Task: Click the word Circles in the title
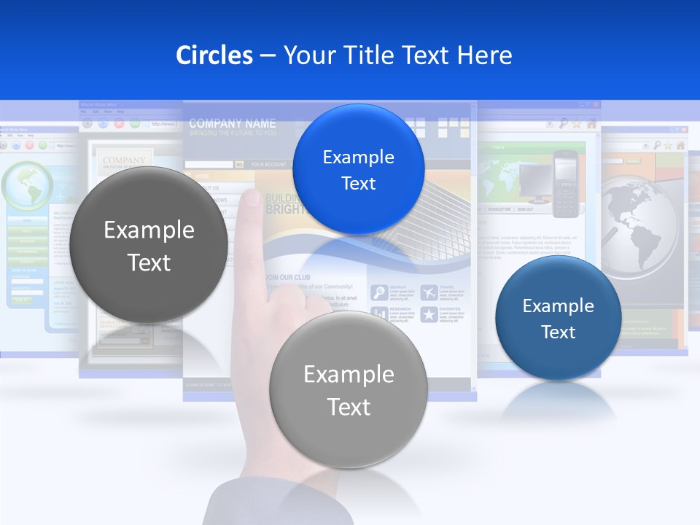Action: click(214, 55)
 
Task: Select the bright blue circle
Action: click(358, 169)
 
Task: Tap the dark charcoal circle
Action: click(149, 245)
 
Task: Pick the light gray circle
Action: click(349, 389)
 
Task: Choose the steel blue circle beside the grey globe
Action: click(559, 318)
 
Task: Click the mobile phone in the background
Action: click(564, 184)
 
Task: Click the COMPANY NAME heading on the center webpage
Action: click(232, 123)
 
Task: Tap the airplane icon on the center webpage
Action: click(429, 293)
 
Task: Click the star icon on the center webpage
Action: click(429, 315)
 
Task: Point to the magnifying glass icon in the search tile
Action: click(379, 293)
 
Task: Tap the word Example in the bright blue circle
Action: click(358, 157)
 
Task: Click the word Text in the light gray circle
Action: click(349, 407)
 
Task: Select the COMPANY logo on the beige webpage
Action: click(124, 160)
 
